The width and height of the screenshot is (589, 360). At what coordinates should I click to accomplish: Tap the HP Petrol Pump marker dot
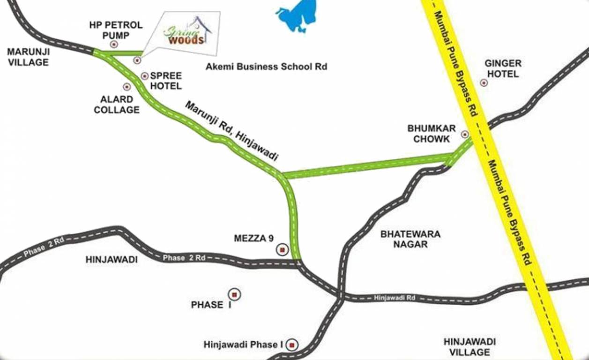coord(114,45)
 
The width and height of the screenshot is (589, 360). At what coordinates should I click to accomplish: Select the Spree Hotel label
coord(165,81)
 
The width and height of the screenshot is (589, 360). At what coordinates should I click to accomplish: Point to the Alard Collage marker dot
coord(127,87)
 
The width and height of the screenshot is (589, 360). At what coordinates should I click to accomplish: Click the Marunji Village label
coord(28,57)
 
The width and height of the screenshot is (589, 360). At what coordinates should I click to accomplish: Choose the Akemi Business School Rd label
coord(266,67)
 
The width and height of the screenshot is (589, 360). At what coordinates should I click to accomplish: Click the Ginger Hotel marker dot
coord(484,83)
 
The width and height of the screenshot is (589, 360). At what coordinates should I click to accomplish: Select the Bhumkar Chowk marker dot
coord(465,134)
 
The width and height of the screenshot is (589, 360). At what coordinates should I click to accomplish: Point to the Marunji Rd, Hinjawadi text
coord(231,131)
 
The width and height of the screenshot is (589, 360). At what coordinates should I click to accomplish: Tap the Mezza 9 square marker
coord(282,250)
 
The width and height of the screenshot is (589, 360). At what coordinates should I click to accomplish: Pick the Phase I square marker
coord(235,294)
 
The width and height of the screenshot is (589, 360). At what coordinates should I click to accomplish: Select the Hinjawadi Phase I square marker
coord(292,345)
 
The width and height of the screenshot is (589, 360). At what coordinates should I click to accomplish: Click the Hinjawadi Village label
coord(470,347)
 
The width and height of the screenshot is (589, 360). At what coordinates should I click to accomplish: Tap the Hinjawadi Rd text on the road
coord(395,297)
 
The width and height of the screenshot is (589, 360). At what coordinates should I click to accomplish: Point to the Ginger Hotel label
coord(503,68)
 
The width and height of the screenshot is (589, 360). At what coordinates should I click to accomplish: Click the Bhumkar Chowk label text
coord(429,133)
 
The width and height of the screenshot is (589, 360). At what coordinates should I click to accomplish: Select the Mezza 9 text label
coord(253,239)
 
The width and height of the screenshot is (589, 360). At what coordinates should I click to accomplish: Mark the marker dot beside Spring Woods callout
coord(137,60)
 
